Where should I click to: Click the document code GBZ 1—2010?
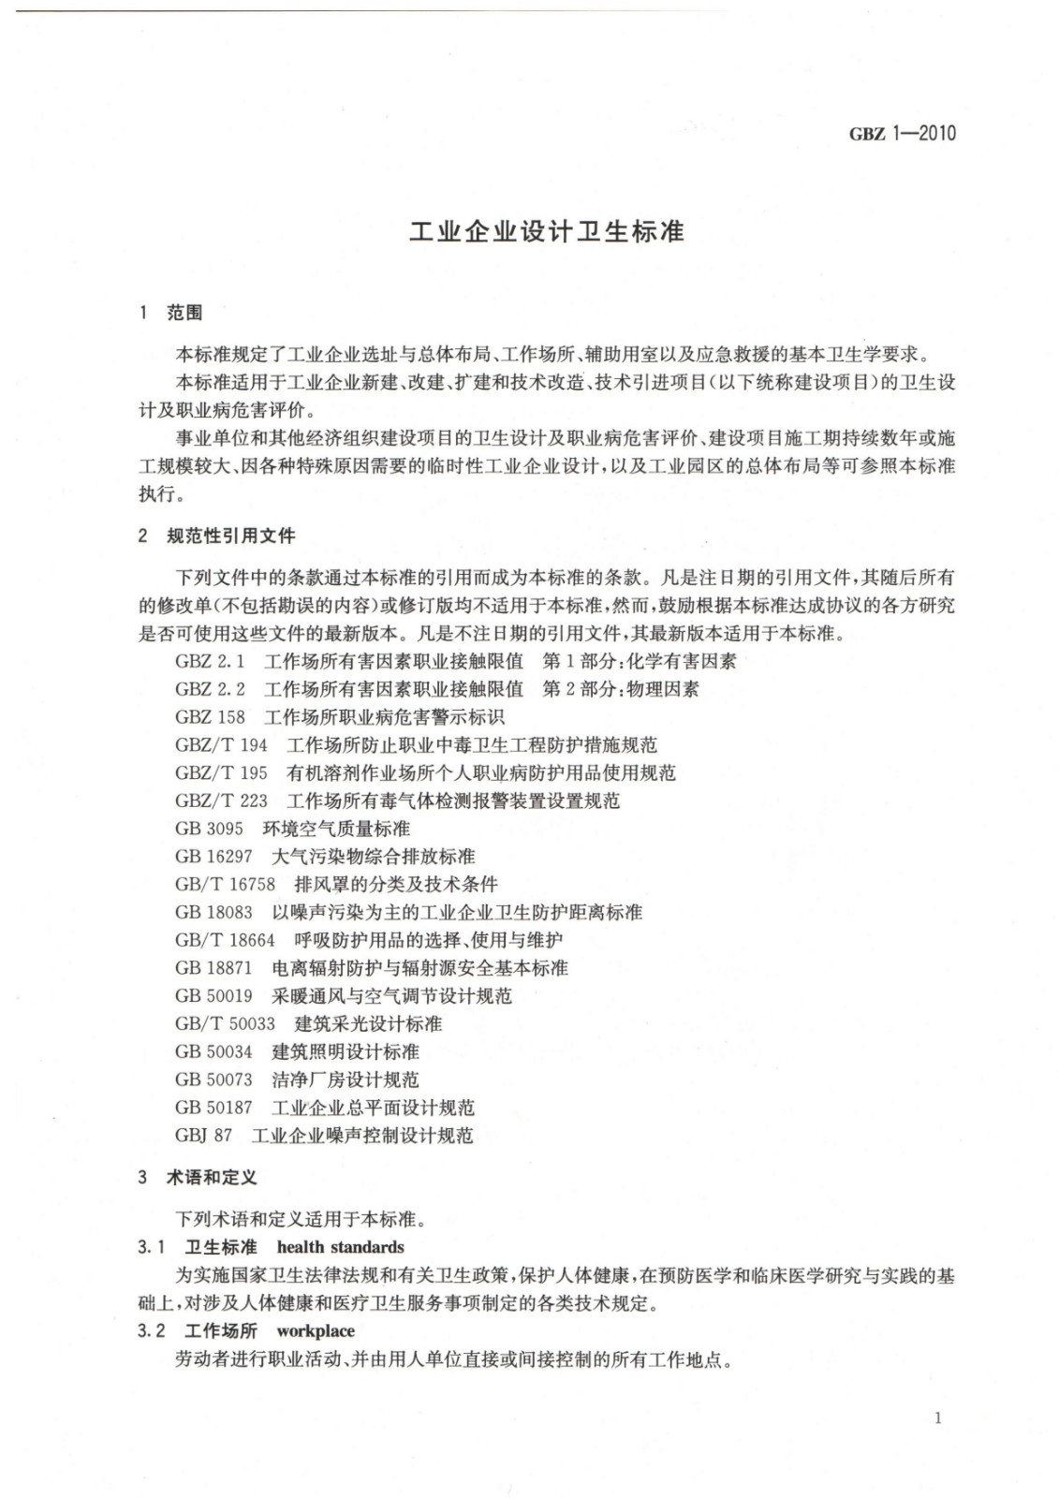902,133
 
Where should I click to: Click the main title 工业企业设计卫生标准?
547,231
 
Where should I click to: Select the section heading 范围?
184,313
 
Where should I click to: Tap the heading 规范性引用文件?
230,536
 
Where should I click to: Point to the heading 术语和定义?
212,1177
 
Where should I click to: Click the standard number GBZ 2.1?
210,661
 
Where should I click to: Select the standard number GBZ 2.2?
210,689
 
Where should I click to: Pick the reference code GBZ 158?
210,717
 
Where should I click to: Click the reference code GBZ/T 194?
221,745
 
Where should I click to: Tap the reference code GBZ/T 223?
221,800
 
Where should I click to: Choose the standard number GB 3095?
209,829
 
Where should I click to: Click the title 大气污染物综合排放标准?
373,857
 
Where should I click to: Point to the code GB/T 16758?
225,884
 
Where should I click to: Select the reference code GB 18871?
213,968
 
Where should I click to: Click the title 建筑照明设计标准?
346,1051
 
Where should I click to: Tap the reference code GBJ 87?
203,1136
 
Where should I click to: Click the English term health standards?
341,1247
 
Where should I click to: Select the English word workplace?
316,1330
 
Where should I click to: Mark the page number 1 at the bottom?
938,1417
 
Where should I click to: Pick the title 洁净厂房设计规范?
346,1079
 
